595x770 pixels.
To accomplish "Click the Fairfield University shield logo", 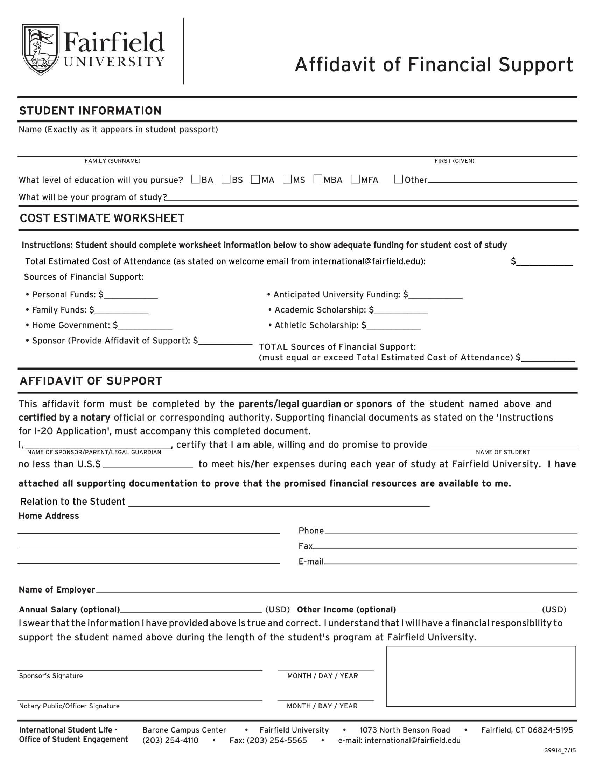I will click(x=41, y=49).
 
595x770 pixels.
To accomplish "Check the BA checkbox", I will click(x=196, y=179).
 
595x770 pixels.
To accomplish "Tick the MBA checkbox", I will click(x=317, y=179).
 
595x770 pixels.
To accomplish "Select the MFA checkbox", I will click(x=355, y=179).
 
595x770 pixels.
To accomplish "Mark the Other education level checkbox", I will click(x=398, y=179).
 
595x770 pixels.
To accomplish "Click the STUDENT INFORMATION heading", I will click(x=90, y=111).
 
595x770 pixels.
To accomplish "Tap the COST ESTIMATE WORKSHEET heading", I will click(x=102, y=218).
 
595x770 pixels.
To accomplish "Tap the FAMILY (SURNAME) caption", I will click(x=112, y=161).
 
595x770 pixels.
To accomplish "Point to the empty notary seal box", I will click(x=481, y=676).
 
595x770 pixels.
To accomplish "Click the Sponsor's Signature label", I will click(x=51, y=676).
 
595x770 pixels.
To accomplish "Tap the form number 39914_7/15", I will click(x=560, y=750).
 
